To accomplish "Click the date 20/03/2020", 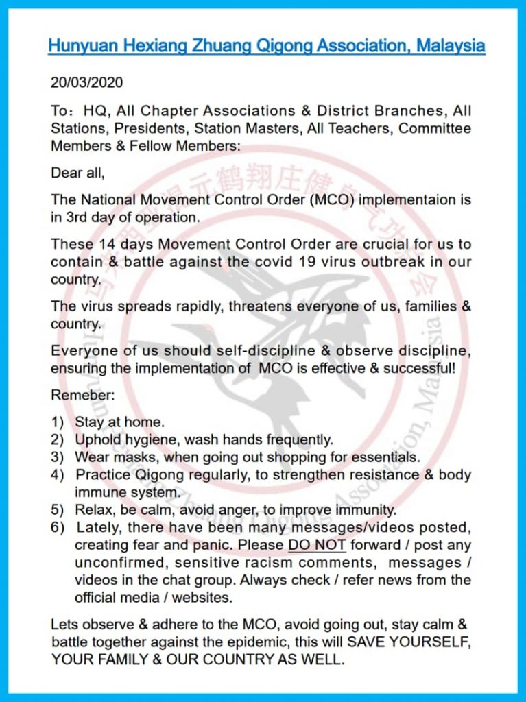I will click(86, 83).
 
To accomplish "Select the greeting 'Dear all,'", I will click(77, 173).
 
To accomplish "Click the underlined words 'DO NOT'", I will click(317, 546).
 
